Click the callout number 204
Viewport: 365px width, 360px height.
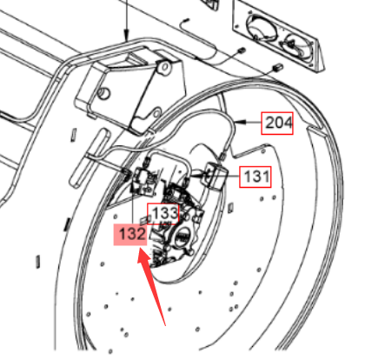point(277,123)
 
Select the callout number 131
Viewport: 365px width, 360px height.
point(255,177)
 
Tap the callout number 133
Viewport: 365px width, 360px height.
point(163,214)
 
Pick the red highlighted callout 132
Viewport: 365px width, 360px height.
point(130,234)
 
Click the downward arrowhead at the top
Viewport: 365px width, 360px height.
point(126,37)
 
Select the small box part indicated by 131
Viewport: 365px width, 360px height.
point(215,176)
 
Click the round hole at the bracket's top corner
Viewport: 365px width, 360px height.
point(165,67)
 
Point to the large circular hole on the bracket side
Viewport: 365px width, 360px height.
point(103,93)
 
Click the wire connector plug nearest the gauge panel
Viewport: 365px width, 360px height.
point(277,68)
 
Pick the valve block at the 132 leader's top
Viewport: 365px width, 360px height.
point(143,181)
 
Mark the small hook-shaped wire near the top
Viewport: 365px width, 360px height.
point(183,23)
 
